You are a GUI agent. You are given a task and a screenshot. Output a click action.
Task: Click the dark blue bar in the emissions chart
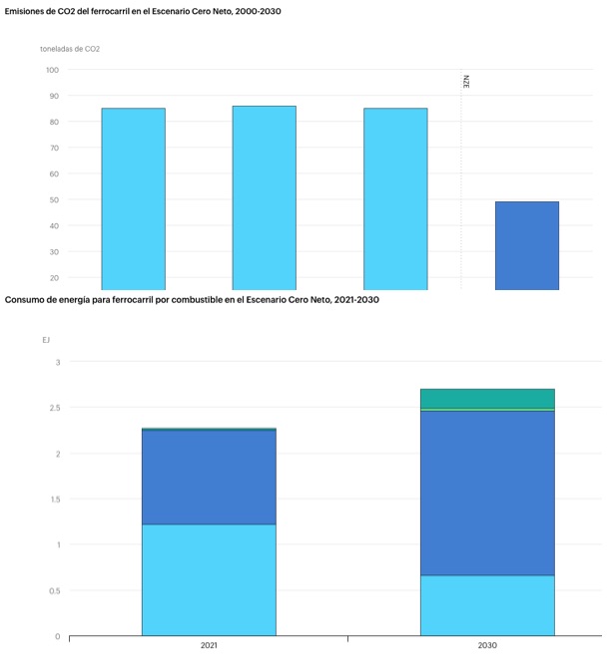pos(526,245)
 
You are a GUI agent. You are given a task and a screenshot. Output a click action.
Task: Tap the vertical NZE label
pos(466,82)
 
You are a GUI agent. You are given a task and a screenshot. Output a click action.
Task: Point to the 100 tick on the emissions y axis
pos(52,70)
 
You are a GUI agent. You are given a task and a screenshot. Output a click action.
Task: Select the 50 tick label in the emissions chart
pos(52,199)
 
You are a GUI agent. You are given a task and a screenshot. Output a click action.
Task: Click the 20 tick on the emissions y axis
pos(52,277)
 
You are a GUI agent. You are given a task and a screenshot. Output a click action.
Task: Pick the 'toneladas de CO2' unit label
pos(70,48)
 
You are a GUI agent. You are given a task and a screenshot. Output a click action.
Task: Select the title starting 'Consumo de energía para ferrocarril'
pos(192,299)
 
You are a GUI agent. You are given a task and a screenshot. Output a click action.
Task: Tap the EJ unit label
pos(46,340)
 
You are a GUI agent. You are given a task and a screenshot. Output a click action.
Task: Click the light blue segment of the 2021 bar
pos(209,579)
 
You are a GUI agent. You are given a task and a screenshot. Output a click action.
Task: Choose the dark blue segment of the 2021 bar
pos(209,477)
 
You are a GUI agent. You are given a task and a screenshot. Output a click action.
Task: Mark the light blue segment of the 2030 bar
pos(487,605)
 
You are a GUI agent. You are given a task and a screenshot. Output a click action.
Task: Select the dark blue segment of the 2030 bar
pos(487,493)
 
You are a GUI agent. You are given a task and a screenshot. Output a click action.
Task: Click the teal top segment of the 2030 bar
pos(487,398)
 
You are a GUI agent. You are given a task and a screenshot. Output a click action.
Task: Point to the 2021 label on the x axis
pos(209,646)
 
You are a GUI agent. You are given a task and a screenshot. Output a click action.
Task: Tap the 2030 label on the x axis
pos(487,646)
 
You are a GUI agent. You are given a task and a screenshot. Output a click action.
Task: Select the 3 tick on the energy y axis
pos(57,362)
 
